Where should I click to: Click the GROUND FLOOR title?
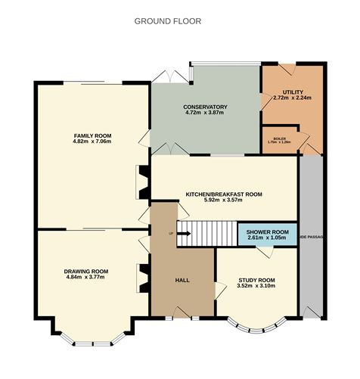click(x=168, y=21)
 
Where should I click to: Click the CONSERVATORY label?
click(x=205, y=107)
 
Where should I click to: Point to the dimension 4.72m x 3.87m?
click(x=205, y=113)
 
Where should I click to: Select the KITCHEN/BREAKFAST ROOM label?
click(x=224, y=194)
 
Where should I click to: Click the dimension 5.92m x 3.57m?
click(x=224, y=201)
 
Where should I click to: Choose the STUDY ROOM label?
click(x=256, y=280)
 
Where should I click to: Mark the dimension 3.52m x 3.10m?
click(x=256, y=286)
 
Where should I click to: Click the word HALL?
click(x=182, y=281)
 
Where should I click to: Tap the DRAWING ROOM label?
click(x=85, y=271)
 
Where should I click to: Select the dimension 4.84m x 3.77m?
click(x=85, y=278)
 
